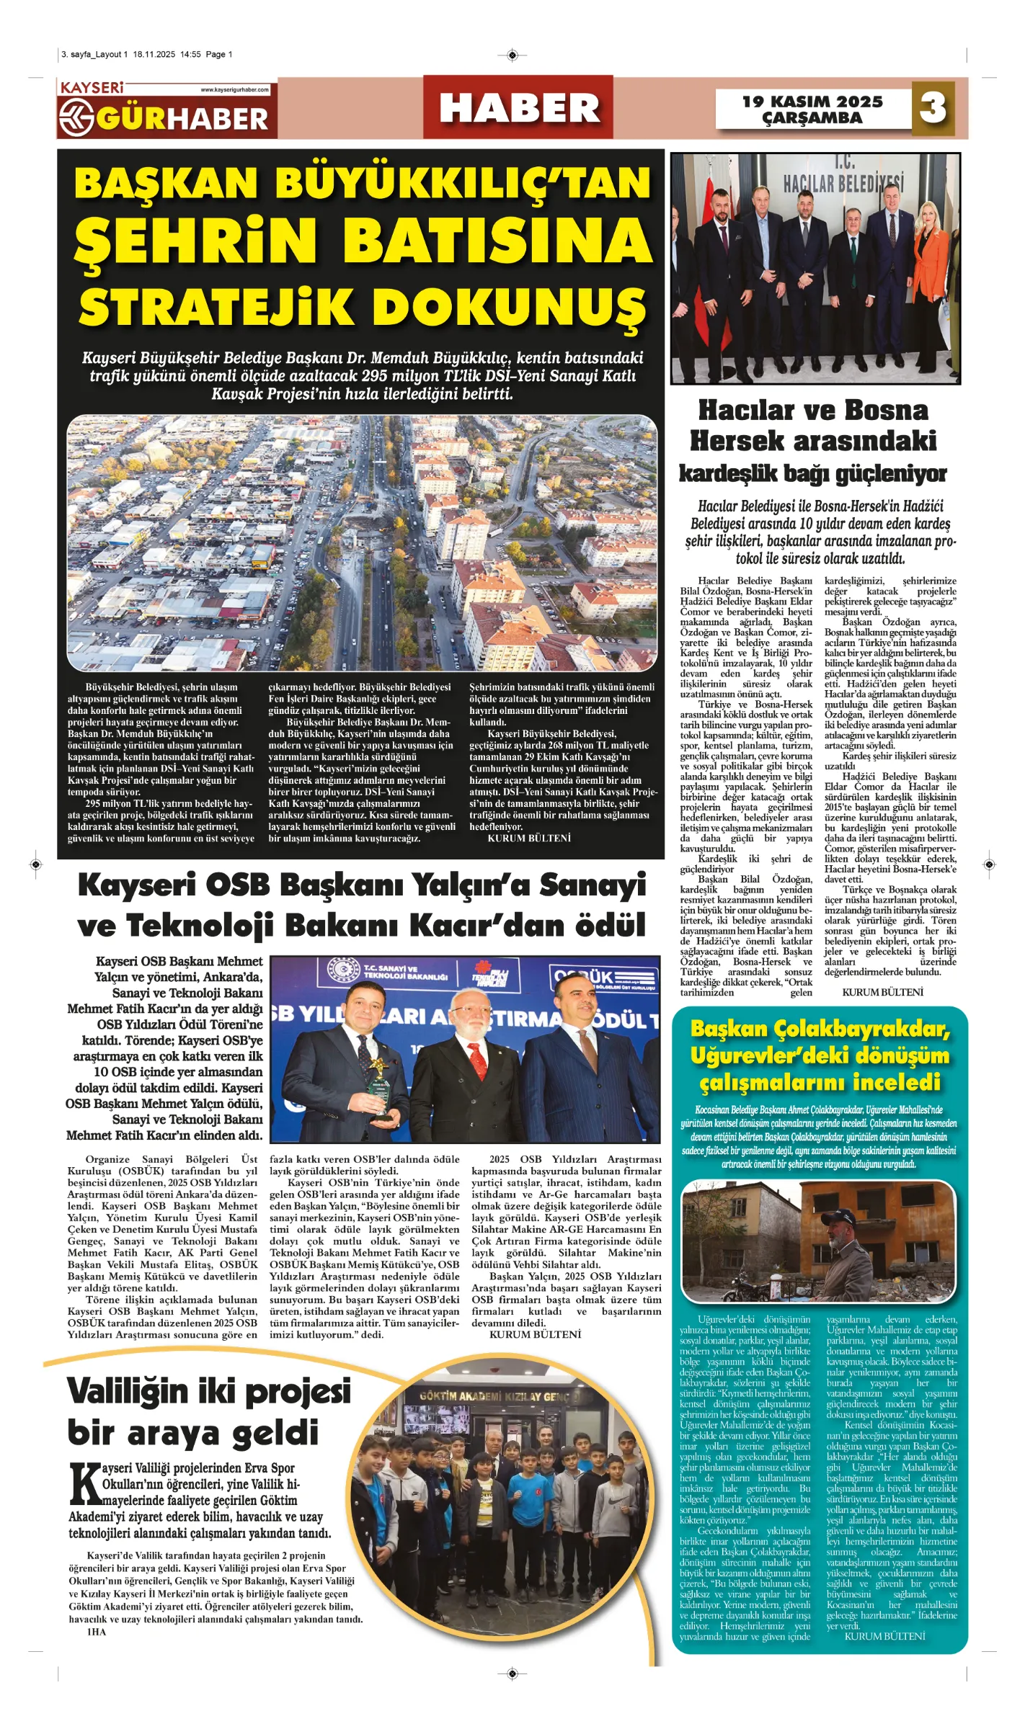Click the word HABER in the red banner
(519, 109)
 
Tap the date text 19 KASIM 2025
(812, 102)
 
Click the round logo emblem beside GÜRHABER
(76, 116)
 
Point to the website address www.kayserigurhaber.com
(234, 90)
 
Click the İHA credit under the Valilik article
(97, 1632)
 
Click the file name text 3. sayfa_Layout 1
(94, 54)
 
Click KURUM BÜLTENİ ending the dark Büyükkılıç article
(529, 839)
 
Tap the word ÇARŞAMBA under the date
(812, 118)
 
